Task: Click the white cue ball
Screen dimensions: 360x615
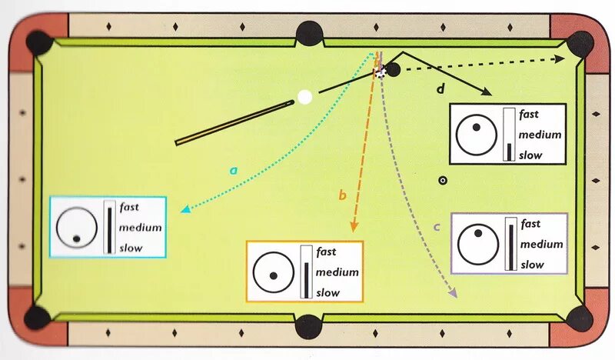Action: click(305, 97)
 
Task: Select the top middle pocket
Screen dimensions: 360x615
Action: click(309, 33)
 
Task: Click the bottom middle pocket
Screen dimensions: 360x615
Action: click(308, 325)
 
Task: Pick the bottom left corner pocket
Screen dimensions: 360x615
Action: click(37, 317)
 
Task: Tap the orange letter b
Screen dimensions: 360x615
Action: click(343, 195)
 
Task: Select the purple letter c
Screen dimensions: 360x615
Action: click(436, 227)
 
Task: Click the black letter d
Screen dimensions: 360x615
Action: click(440, 89)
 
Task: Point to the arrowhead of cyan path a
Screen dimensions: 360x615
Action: click(184, 208)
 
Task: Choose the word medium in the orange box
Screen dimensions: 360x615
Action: click(337, 272)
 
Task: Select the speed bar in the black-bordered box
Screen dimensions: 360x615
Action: click(507, 135)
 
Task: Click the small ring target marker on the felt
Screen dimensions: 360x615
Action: click(442, 181)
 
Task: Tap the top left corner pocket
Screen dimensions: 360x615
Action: click(37, 42)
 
